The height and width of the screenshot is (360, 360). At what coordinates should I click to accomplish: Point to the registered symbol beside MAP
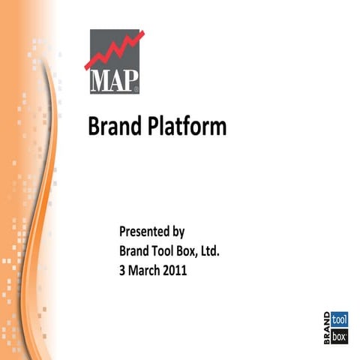(135, 88)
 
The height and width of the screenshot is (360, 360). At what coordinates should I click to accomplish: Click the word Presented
(145, 231)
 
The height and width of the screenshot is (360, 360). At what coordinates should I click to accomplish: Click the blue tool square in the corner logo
(340, 316)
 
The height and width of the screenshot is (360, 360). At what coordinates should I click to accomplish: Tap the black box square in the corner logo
(340, 334)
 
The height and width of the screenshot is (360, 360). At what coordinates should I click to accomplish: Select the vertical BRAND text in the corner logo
(327, 325)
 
